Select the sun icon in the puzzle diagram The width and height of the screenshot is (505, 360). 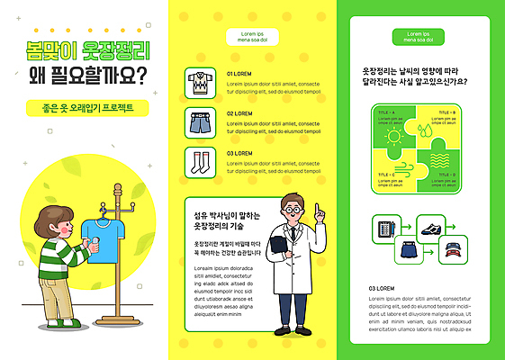coord(393,137)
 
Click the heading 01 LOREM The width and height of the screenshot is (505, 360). coord(239,73)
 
